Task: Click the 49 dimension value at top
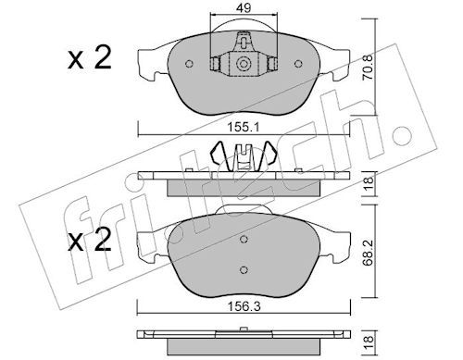point(244,7)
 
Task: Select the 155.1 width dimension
point(244,127)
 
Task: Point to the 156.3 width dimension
point(244,306)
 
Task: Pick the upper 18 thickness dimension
point(369,183)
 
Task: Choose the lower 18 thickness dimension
point(369,343)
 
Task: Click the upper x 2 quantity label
point(90,58)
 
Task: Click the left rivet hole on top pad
point(189,64)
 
